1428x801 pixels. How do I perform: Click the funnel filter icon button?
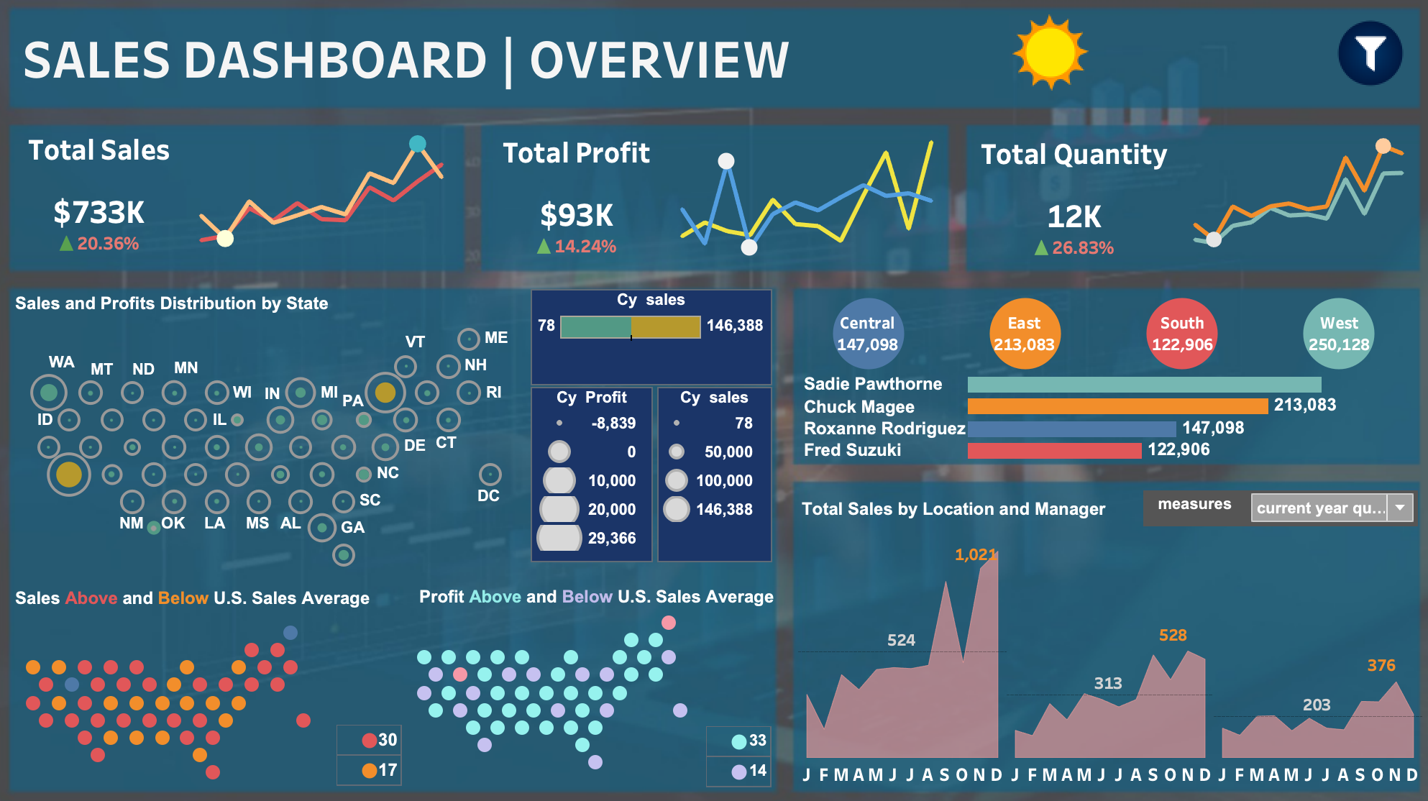[1370, 53]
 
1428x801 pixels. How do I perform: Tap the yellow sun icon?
[1050, 52]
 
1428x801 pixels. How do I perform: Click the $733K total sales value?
[99, 212]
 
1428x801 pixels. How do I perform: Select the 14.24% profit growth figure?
[585, 247]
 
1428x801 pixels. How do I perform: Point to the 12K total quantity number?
[1074, 216]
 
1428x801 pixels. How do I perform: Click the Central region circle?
[868, 334]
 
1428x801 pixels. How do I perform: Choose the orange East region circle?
[1025, 334]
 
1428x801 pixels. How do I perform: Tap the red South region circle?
[1182, 334]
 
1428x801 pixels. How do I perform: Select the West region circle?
[1339, 334]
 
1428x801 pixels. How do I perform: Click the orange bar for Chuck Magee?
[1117, 406]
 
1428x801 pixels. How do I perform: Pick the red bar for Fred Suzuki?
[1054, 450]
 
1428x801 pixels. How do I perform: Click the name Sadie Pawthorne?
[873, 384]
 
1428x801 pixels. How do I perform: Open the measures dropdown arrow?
[1400, 508]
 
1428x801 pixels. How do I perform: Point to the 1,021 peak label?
[975, 554]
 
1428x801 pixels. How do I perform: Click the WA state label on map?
[61, 362]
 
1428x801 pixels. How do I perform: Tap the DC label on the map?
[488, 496]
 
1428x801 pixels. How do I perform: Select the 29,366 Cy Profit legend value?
[612, 538]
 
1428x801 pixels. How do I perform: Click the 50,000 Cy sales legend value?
[728, 452]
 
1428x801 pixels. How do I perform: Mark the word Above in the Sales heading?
[91, 598]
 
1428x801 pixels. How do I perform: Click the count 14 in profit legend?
[758, 771]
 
